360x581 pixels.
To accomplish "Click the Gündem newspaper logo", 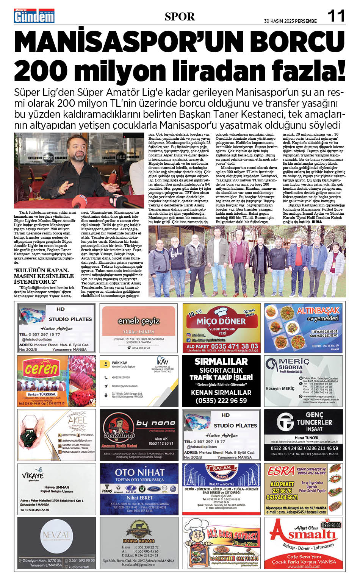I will coord(34,16).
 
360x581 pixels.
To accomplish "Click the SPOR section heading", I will coord(180,17).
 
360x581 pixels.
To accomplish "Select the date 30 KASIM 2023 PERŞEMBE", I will coord(290,21).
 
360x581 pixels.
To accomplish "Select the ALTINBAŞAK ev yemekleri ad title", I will coord(318,314).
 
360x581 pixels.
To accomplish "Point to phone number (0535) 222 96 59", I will coord(221,400).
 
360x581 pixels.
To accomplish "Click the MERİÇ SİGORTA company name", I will coord(294,364).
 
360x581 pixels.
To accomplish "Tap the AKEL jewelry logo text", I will coord(77,420).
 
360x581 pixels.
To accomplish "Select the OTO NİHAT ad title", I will coord(139,472).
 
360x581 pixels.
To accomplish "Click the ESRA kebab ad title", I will coord(281,471).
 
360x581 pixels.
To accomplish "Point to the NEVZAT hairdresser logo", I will coord(56,535).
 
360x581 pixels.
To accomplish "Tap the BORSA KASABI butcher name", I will coord(138,541).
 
